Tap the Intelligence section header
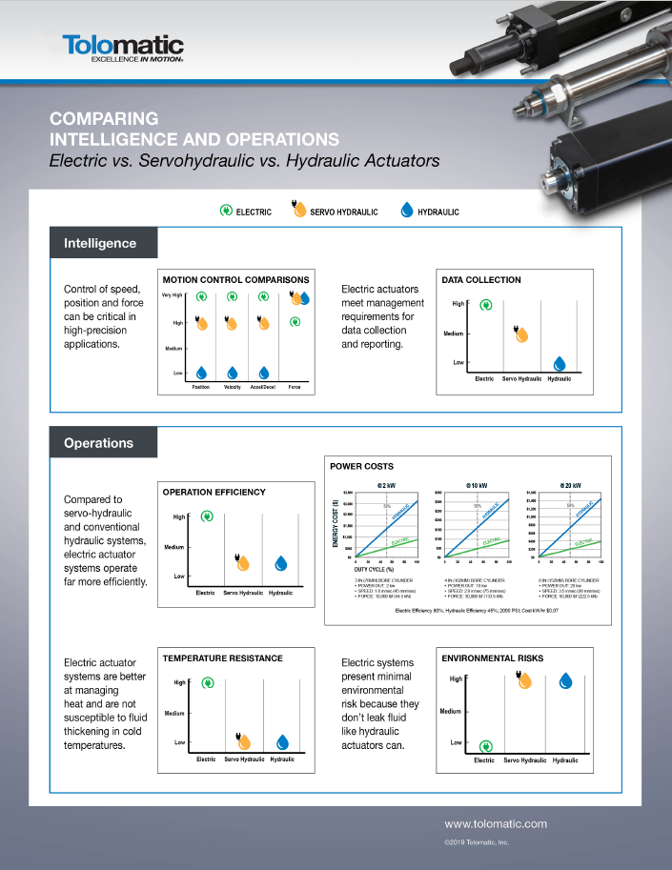[100, 243]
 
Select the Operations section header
[99, 443]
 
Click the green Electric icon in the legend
[226, 211]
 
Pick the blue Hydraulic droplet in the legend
[407, 211]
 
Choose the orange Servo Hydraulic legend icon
[298, 211]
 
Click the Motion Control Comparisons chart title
[235, 280]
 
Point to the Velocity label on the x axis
[232, 387]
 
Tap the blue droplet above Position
[201, 373]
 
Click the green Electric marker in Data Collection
[486, 306]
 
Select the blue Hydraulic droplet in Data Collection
[560, 363]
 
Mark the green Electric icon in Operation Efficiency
[207, 517]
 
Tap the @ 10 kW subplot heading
[477, 485]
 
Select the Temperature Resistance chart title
[222, 658]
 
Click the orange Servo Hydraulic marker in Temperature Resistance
[243, 741]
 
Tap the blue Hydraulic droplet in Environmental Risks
[565, 680]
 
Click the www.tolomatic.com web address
[496, 823]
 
